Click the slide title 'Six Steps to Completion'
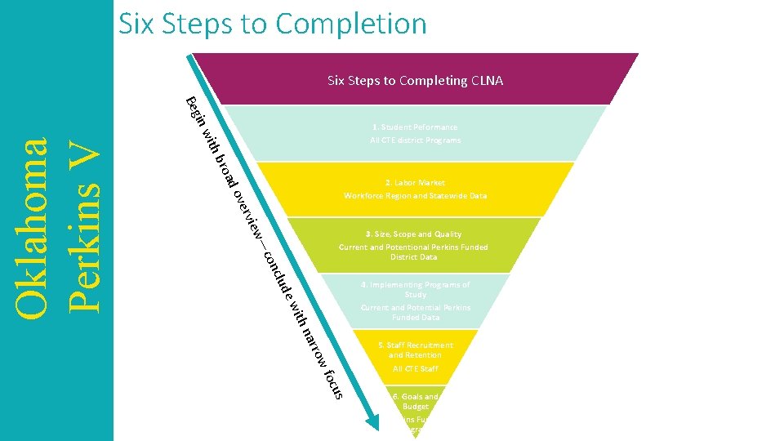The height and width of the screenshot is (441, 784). (x=273, y=24)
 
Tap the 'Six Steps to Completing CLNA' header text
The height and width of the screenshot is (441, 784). (x=415, y=81)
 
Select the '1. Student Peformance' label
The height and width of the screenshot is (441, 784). (x=415, y=127)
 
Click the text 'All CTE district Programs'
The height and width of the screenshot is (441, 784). (x=415, y=140)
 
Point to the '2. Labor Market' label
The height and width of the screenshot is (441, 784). (x=415, y=183)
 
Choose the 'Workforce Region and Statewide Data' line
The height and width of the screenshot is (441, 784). (x=415, y=196)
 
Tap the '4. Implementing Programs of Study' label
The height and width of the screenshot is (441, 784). (x=415, y=290)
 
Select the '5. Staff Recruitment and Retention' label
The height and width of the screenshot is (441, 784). (x=415, y=350)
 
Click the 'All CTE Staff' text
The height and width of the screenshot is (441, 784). (x=415, y=369)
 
